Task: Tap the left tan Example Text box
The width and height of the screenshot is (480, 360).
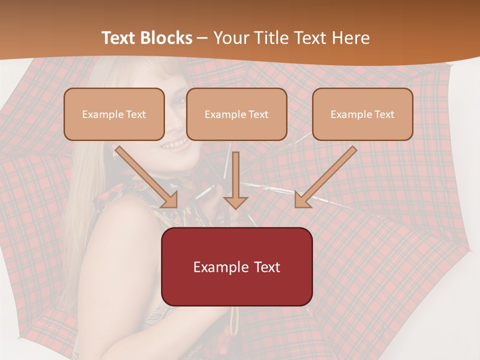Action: tap(114, 114)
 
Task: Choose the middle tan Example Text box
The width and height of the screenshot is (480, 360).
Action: tap(236, 114)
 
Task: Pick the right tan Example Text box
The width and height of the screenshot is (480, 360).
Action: tap(362, 114)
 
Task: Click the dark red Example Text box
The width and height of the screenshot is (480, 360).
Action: tap(236, 266)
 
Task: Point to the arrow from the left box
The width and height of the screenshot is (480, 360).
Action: tap(147, 177)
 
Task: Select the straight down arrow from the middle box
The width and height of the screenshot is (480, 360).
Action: tap(235, 180)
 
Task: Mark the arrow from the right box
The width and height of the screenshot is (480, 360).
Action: tap(325, 177)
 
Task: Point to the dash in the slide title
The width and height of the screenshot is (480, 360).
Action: tap(202, 38)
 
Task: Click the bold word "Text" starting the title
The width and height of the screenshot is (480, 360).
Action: tap(118, 38)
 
